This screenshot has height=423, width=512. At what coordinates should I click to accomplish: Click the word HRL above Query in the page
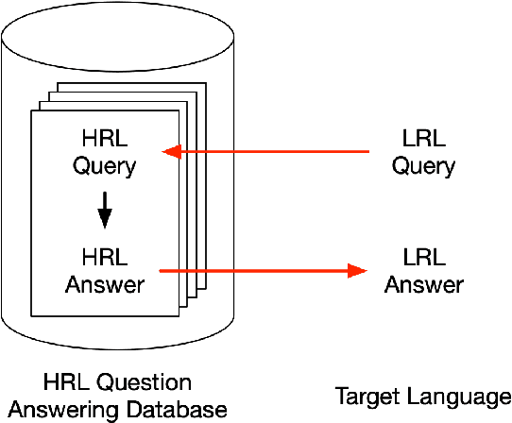pos(105,140)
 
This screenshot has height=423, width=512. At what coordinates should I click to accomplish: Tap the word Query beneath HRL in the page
pos(105,166)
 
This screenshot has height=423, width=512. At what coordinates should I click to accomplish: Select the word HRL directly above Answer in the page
pos(105,258)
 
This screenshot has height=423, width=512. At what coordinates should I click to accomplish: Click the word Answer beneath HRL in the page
pos(105,283)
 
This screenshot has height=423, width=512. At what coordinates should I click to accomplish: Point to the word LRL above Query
pos(423,140)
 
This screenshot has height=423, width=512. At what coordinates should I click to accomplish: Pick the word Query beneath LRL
pos(423,166)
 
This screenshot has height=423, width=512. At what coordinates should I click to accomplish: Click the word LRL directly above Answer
pos(423,258)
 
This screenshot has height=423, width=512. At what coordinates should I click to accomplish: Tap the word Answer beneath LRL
pos(423,283)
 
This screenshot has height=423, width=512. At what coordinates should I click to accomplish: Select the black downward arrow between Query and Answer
pos(105,211)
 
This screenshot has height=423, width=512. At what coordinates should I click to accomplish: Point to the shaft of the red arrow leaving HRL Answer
pos(255,271)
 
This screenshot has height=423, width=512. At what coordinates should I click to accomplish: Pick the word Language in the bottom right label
pos(458,398)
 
